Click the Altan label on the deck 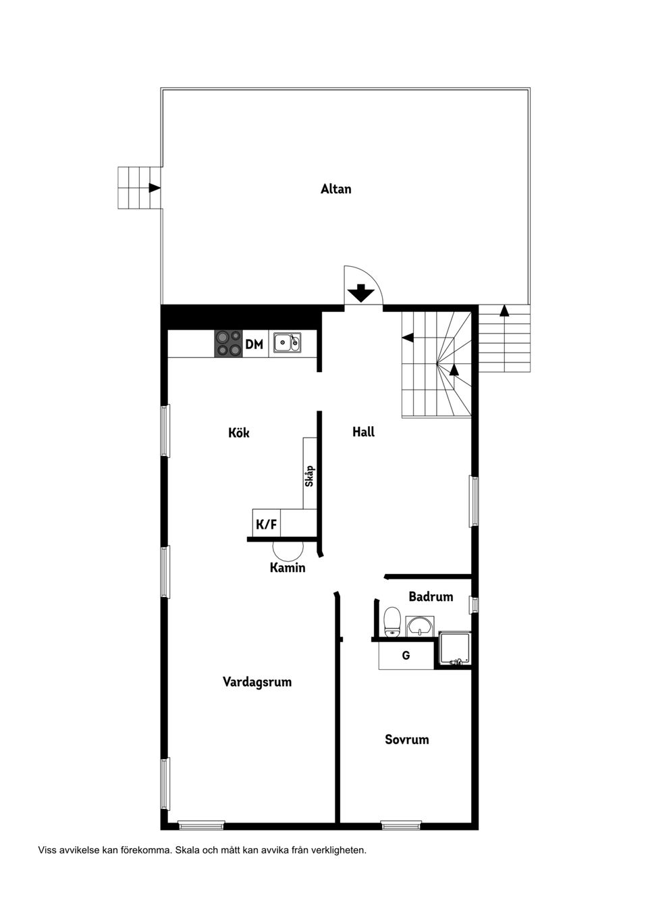tap(335, 189)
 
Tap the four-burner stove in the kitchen tap(228, 344)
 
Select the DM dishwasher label tap(254, 344)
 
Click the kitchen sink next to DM tap(287, 344)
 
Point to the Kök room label tap(239, 432)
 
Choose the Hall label tap(363, 432)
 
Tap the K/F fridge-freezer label tap(265, 524)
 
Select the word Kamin tap(288, 568)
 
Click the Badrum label tap(431, 597)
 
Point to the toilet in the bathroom tap(391, 621)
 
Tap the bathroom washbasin tap(421, 625)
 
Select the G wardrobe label tap(406, 655)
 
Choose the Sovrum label tap(406, 739)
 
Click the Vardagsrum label tap(257, 682)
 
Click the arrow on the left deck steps tap(155, 188)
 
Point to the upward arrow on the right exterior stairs tap(504, 311)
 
